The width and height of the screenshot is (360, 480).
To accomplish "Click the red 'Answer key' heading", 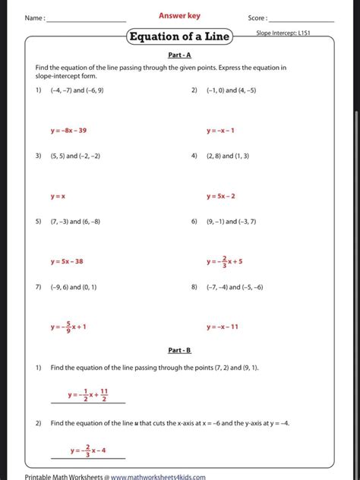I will click(179, 15).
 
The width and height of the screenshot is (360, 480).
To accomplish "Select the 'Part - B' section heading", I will click(179, 350).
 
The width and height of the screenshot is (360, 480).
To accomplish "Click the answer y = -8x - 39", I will click(68, 131).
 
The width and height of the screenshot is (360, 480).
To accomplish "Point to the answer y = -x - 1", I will click(220, 131).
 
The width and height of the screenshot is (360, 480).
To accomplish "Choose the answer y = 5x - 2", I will click(221, 196).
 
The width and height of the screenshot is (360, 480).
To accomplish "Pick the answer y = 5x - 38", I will click(67, 261).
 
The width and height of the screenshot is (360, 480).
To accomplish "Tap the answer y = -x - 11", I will click(223, 327).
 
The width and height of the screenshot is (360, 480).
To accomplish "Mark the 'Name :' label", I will click(35, 17).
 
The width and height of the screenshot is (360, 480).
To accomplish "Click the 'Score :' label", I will click(257, 17).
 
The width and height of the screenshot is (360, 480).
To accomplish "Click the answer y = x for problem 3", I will click(58, 196).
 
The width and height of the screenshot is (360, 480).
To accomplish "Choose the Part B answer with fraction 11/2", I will click(87, 395).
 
